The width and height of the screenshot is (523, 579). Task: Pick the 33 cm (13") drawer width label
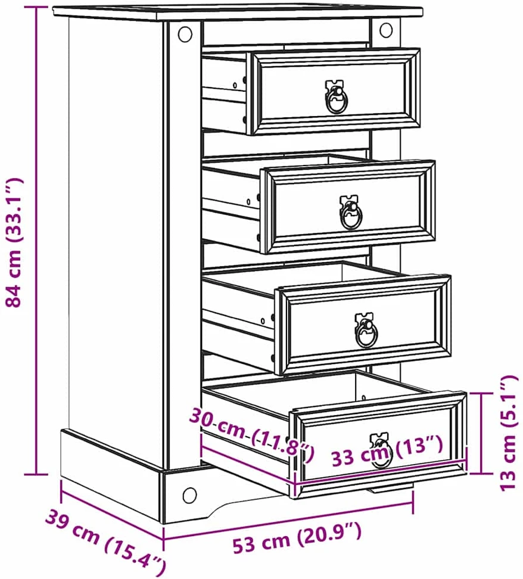pyautogui.click(x=387, y=451)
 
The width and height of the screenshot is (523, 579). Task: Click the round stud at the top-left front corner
pyautogui.click(x=185, y=35)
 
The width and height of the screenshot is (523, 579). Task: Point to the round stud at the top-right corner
pyautogui.click(x=386, y=30)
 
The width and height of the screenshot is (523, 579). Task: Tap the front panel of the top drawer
pyautogui.click(x=335, y=92)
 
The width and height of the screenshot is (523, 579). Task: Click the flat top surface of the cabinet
pyautogui.click(x=238, y=11)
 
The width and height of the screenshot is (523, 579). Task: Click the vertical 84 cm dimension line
pyautogui.click(x=37, y=241)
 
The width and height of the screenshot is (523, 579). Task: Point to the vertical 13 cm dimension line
pyautogui.click(x=482, y=433)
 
